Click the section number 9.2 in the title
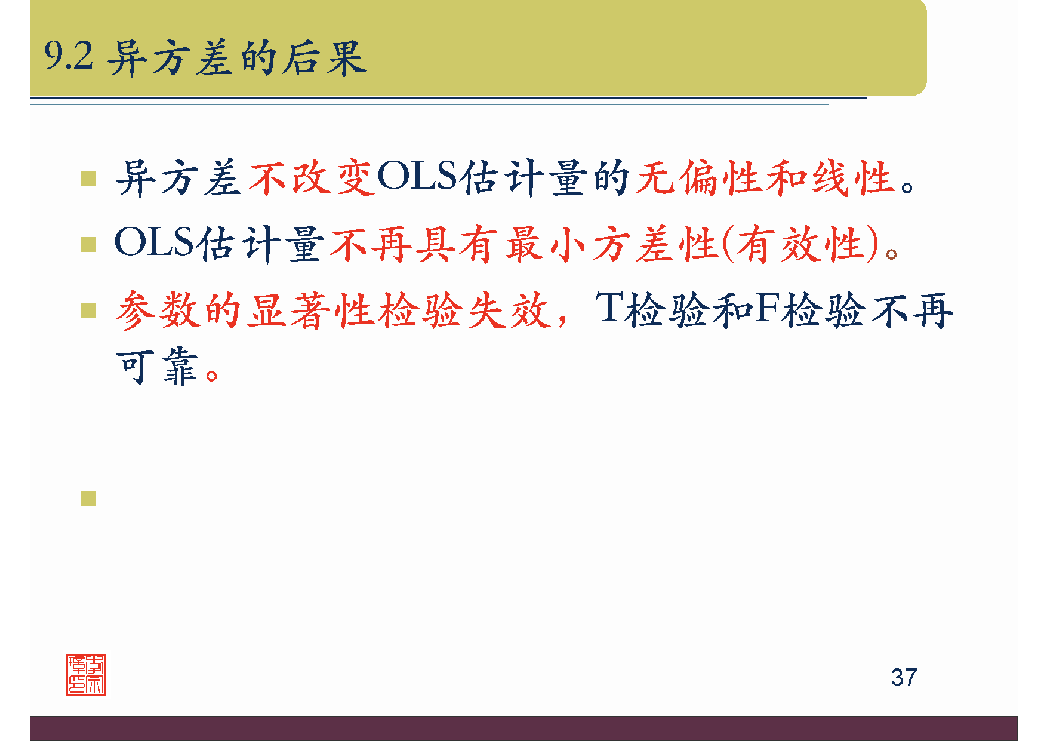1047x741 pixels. click(69, 57)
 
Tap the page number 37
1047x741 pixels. click(904, 678)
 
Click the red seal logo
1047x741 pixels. click(87, 675)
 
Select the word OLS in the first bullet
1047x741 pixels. click(417, 177)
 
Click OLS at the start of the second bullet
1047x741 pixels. click(154, 243)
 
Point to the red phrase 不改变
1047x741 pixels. click(312, 178)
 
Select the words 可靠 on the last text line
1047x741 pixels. click(157, 367)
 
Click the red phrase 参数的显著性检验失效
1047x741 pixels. click(332, 310)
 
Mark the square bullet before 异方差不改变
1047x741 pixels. click(88, 179)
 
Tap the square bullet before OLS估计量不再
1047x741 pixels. click(88, 245)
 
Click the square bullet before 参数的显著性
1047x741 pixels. click(88, 310)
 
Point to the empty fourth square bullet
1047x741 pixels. click(88, 499)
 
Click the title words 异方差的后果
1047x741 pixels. click(237, 59)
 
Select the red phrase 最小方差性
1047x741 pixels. click(612, 244)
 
